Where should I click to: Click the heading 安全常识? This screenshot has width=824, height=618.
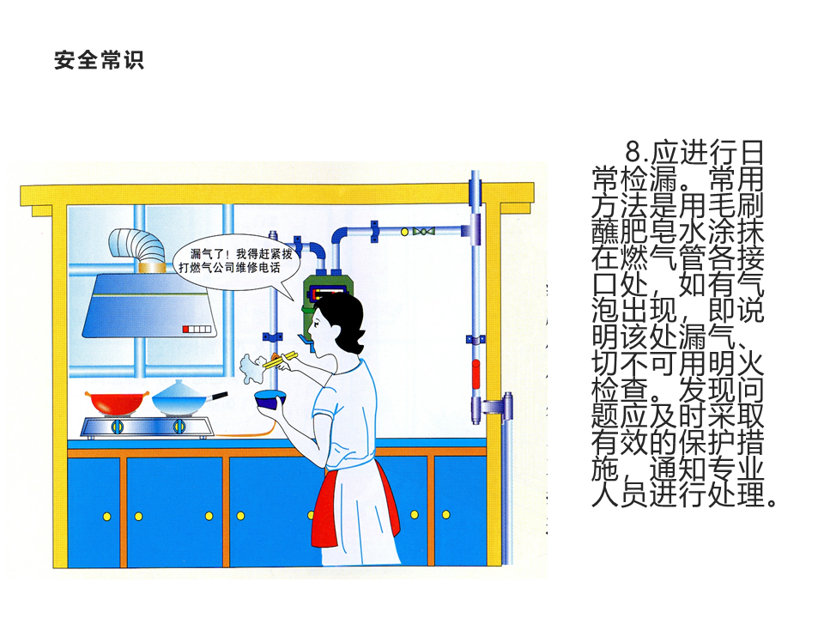point(99,60)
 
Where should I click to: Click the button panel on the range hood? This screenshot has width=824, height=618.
point(197,329)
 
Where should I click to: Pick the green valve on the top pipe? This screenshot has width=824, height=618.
point(421,231)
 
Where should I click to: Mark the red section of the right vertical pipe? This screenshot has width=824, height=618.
point(475,375)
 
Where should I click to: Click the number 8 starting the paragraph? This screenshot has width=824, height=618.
point(633,154)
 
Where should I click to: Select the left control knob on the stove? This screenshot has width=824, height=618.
point(118,427)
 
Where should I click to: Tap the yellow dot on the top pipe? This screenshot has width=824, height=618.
point(376,227)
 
